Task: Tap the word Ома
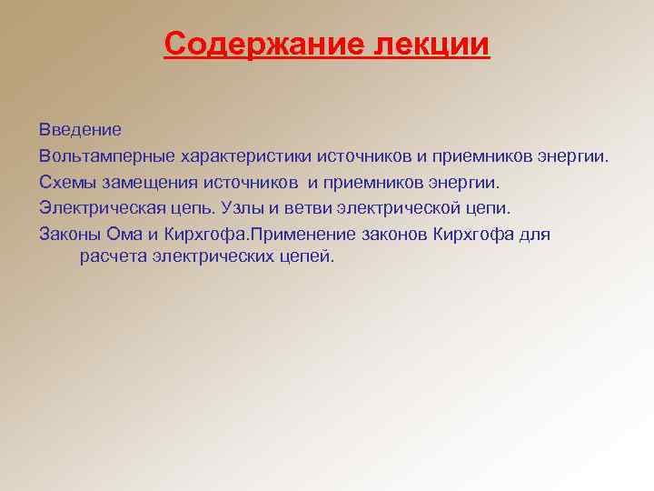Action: tap(125, 234)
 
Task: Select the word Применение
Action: tap(301, 234)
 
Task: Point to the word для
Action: tap(534, 235)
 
